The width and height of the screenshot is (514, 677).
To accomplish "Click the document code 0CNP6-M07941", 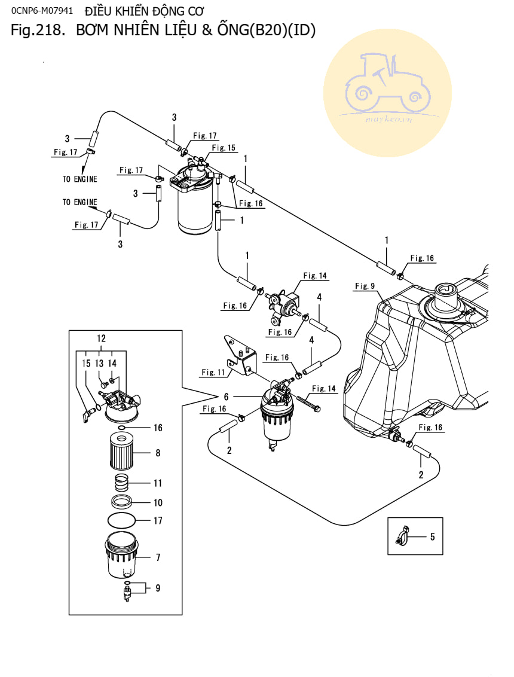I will (x=41, y=11).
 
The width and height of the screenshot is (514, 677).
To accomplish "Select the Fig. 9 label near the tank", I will (x=364, y=286).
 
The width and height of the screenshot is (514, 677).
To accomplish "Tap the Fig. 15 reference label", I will (x=224, y=148).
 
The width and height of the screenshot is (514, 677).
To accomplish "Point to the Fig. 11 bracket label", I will (x=212, y=372).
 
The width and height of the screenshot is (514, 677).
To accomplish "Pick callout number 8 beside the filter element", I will (x=158, y=453).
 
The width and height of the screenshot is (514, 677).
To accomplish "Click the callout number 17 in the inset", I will (x=158, y=521).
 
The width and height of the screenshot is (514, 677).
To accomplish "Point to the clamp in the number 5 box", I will (x=402, y=536).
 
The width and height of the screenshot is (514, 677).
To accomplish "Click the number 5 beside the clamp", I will (x=432, y=536).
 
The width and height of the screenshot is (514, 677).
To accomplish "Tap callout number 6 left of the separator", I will (x=227, y=397).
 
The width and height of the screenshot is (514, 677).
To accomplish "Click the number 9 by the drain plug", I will (x=158, y=588).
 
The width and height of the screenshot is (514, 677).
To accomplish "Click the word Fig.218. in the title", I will (x=37, y=31).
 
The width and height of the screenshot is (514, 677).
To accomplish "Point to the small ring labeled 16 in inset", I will (x=121, y=428).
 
